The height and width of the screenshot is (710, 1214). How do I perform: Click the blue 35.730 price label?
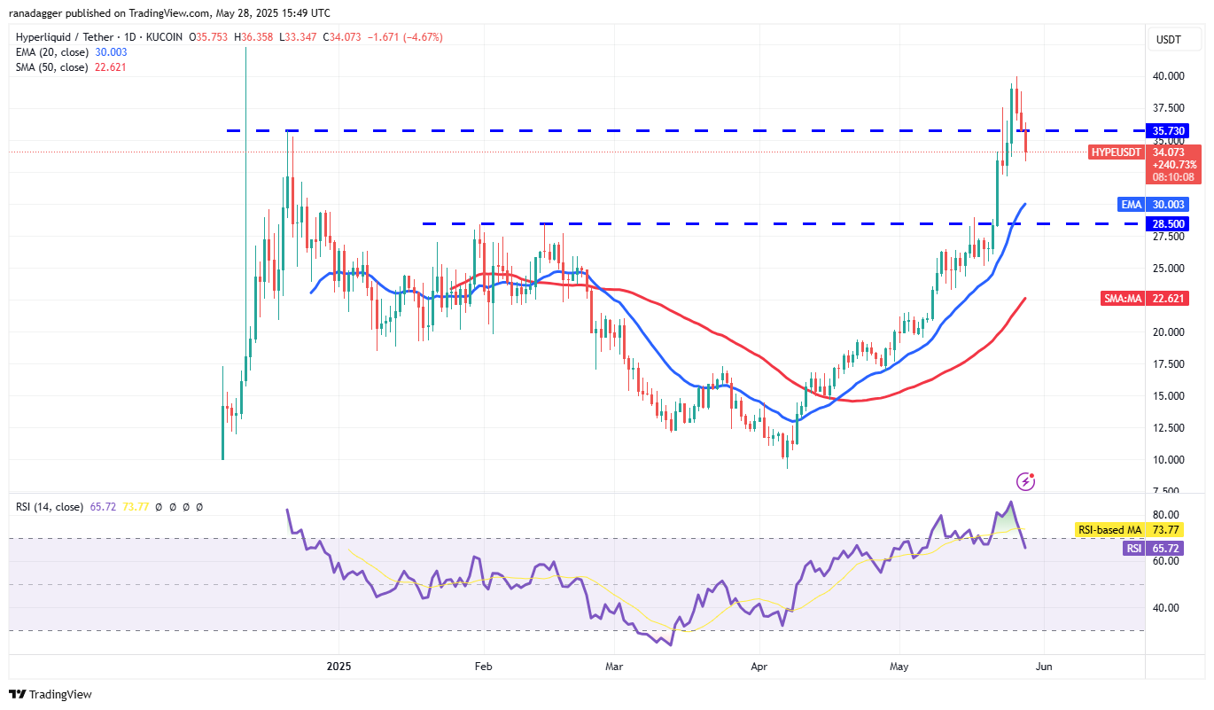click(x=1170, y=130)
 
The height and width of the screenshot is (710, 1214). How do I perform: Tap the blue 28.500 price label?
click(x=1170, y=223)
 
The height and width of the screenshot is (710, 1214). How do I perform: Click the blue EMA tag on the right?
click(x=1131, y=205)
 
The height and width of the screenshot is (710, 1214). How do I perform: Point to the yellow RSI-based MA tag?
click(x=1109, y=530)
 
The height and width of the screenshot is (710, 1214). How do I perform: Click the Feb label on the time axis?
click(x=483, y=665)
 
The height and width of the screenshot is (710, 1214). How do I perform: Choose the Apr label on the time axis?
click(x=759, y=665)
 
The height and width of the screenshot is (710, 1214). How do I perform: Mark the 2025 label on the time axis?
click(x=339, y=665)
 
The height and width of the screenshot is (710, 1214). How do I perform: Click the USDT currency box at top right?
click(x=1170, y=40)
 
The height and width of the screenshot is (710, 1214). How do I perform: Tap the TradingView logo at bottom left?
click(x=51, y=694)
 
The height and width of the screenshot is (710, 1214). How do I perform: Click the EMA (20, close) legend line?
click(x=71, y=52)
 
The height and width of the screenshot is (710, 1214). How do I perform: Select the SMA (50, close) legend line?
click(x=71, y=66)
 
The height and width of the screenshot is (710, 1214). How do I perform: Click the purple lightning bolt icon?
click(x=1026, y=481)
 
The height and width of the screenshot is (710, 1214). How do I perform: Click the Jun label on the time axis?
click(x=1043, y=665)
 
